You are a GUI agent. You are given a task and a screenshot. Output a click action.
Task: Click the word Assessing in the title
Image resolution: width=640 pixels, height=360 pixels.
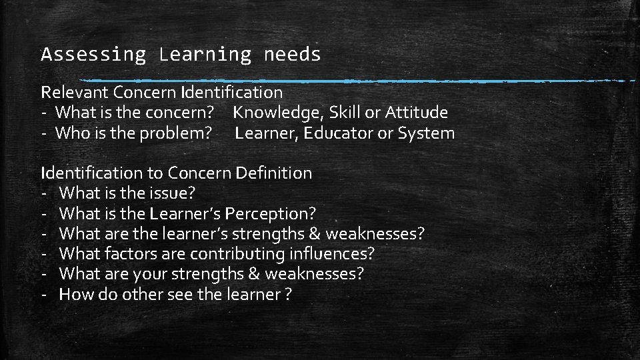click(93, 55)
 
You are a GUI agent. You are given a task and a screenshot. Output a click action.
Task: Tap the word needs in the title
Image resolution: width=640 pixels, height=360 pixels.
click(292, 55)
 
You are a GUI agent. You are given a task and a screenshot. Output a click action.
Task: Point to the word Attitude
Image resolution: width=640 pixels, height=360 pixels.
click(416, 113)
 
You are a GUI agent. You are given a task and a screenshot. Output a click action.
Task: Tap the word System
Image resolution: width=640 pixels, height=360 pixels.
click(426, 133)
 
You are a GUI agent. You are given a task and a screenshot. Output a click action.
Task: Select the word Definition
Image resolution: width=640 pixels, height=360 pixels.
click(273, 173)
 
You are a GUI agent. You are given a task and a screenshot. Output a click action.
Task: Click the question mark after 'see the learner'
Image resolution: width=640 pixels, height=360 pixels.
click(287, 295)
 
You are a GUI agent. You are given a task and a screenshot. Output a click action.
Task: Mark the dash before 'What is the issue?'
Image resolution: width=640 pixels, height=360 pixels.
click(43, 194)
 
